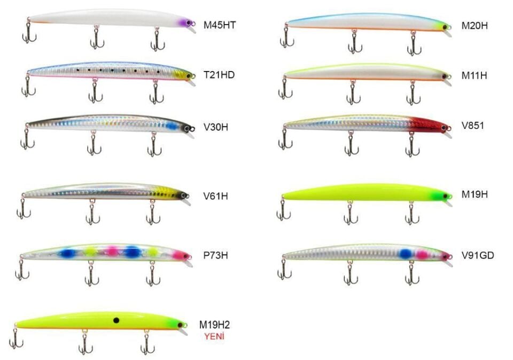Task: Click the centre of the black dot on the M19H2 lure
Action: click(x=116, y=320)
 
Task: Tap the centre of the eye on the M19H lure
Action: click(x=445, y=196)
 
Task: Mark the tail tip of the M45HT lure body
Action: click(x=29, y=19)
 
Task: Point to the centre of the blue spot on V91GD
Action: click(x=406, y=254)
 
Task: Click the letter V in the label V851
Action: click(x=465, y=125)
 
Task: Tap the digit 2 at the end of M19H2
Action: click(x=227, y=325)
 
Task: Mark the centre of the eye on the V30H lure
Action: click(x=189, y=128)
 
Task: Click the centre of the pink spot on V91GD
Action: click(x=422, y=255)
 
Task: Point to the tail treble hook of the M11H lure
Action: click(x=285, y=88)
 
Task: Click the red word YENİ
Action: click(x=214, y=336)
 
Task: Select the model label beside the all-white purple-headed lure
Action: click(x=220, y=25)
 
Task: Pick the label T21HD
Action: click(x=219, y=75)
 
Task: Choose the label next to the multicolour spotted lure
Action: click(x=215, y=255)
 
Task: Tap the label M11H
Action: click(x=474, y=75)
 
